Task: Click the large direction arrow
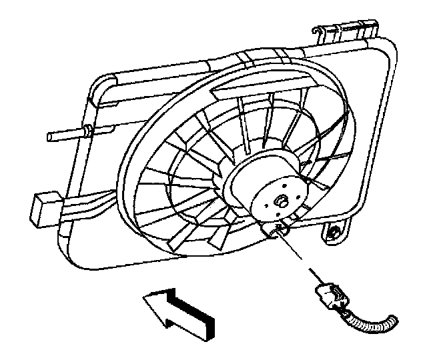(x=177, y=308)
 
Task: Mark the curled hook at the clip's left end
(x=320, y=32)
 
